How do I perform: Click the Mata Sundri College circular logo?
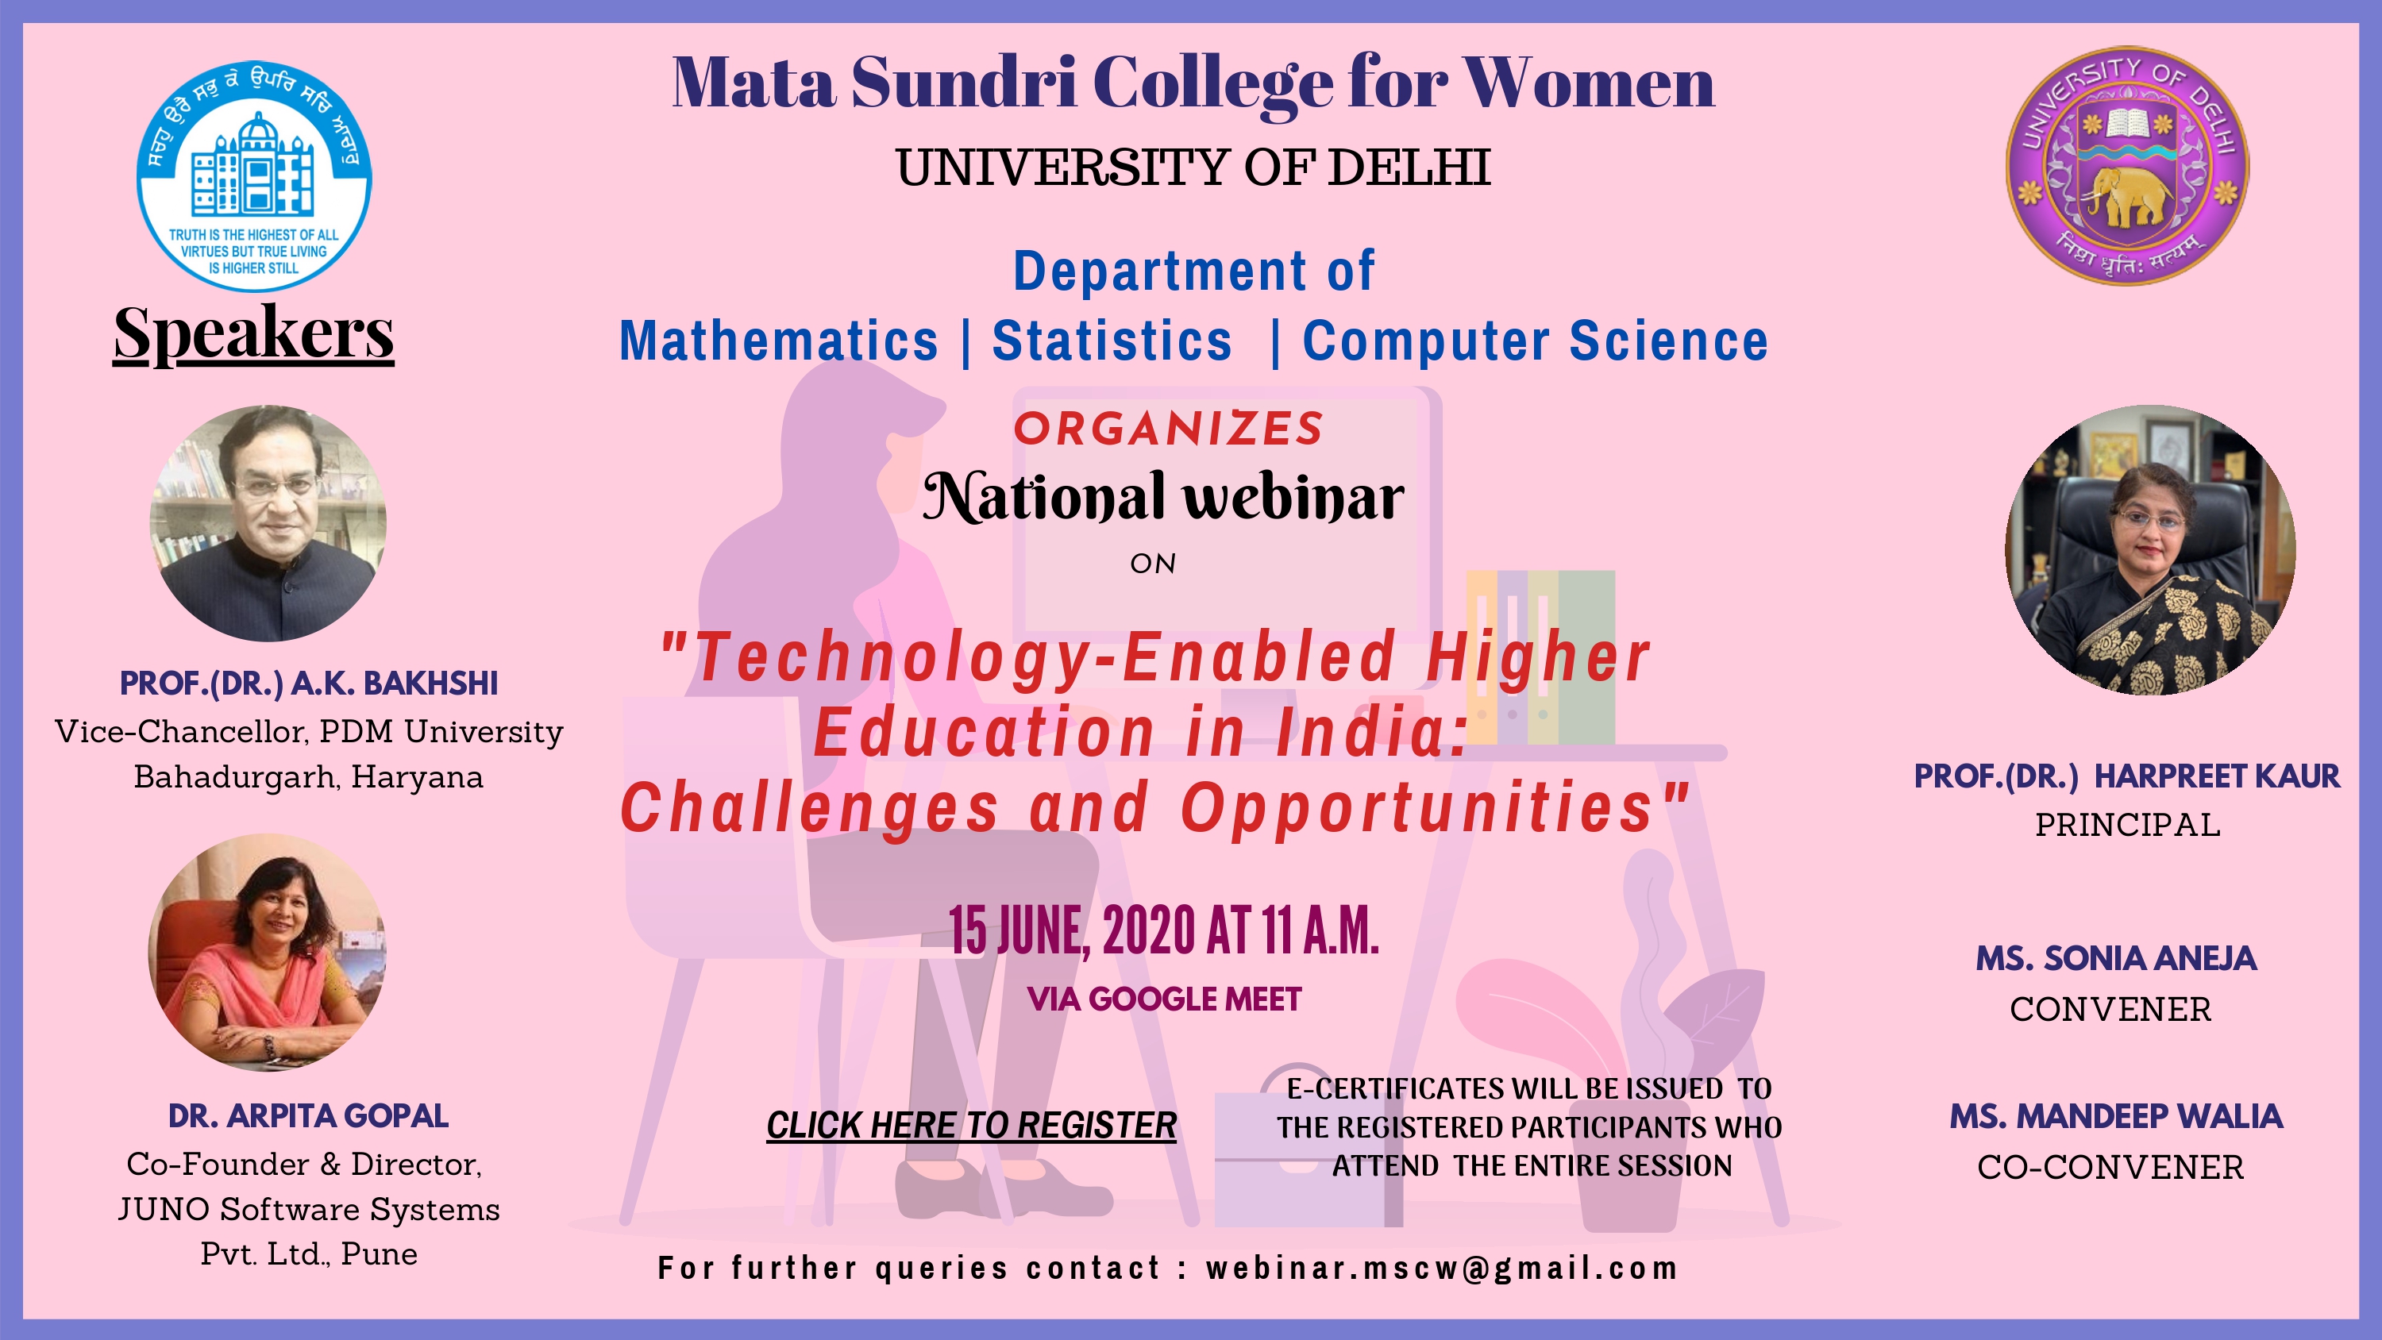254,175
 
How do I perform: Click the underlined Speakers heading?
253,332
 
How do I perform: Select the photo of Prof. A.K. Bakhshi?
268,523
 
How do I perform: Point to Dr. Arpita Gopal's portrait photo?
268,953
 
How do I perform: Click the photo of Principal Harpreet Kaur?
2150,549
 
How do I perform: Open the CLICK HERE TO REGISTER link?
971,1126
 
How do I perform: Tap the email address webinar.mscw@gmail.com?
1442,1268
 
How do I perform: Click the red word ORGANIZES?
1169,428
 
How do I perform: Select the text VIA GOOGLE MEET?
1164,999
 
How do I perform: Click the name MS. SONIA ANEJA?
2116,958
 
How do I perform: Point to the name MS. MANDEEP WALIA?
2116,1116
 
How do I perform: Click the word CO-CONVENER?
2110,1167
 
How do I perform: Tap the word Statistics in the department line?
1112,341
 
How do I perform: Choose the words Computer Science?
1535,341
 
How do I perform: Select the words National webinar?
1163,498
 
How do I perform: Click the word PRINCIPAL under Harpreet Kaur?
2128,824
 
